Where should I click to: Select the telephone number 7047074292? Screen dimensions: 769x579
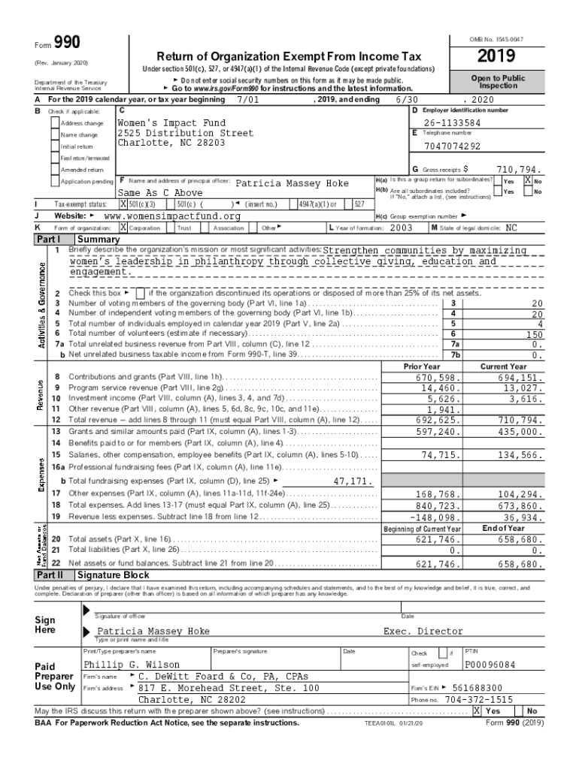[452, 146]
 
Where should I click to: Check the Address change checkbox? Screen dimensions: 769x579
[55, 123]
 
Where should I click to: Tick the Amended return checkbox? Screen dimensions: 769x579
[55, 170]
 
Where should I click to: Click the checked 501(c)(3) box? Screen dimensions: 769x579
[123, 204]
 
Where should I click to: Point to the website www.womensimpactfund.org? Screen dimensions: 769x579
[172, 216]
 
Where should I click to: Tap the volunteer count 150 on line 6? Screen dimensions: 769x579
[535, 334]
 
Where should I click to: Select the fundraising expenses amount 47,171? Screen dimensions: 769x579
[352, 481]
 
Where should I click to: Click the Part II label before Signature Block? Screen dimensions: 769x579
[49, 574]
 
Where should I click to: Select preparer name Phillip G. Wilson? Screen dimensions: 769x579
[132, 665]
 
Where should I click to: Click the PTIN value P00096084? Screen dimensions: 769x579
[490, 665]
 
